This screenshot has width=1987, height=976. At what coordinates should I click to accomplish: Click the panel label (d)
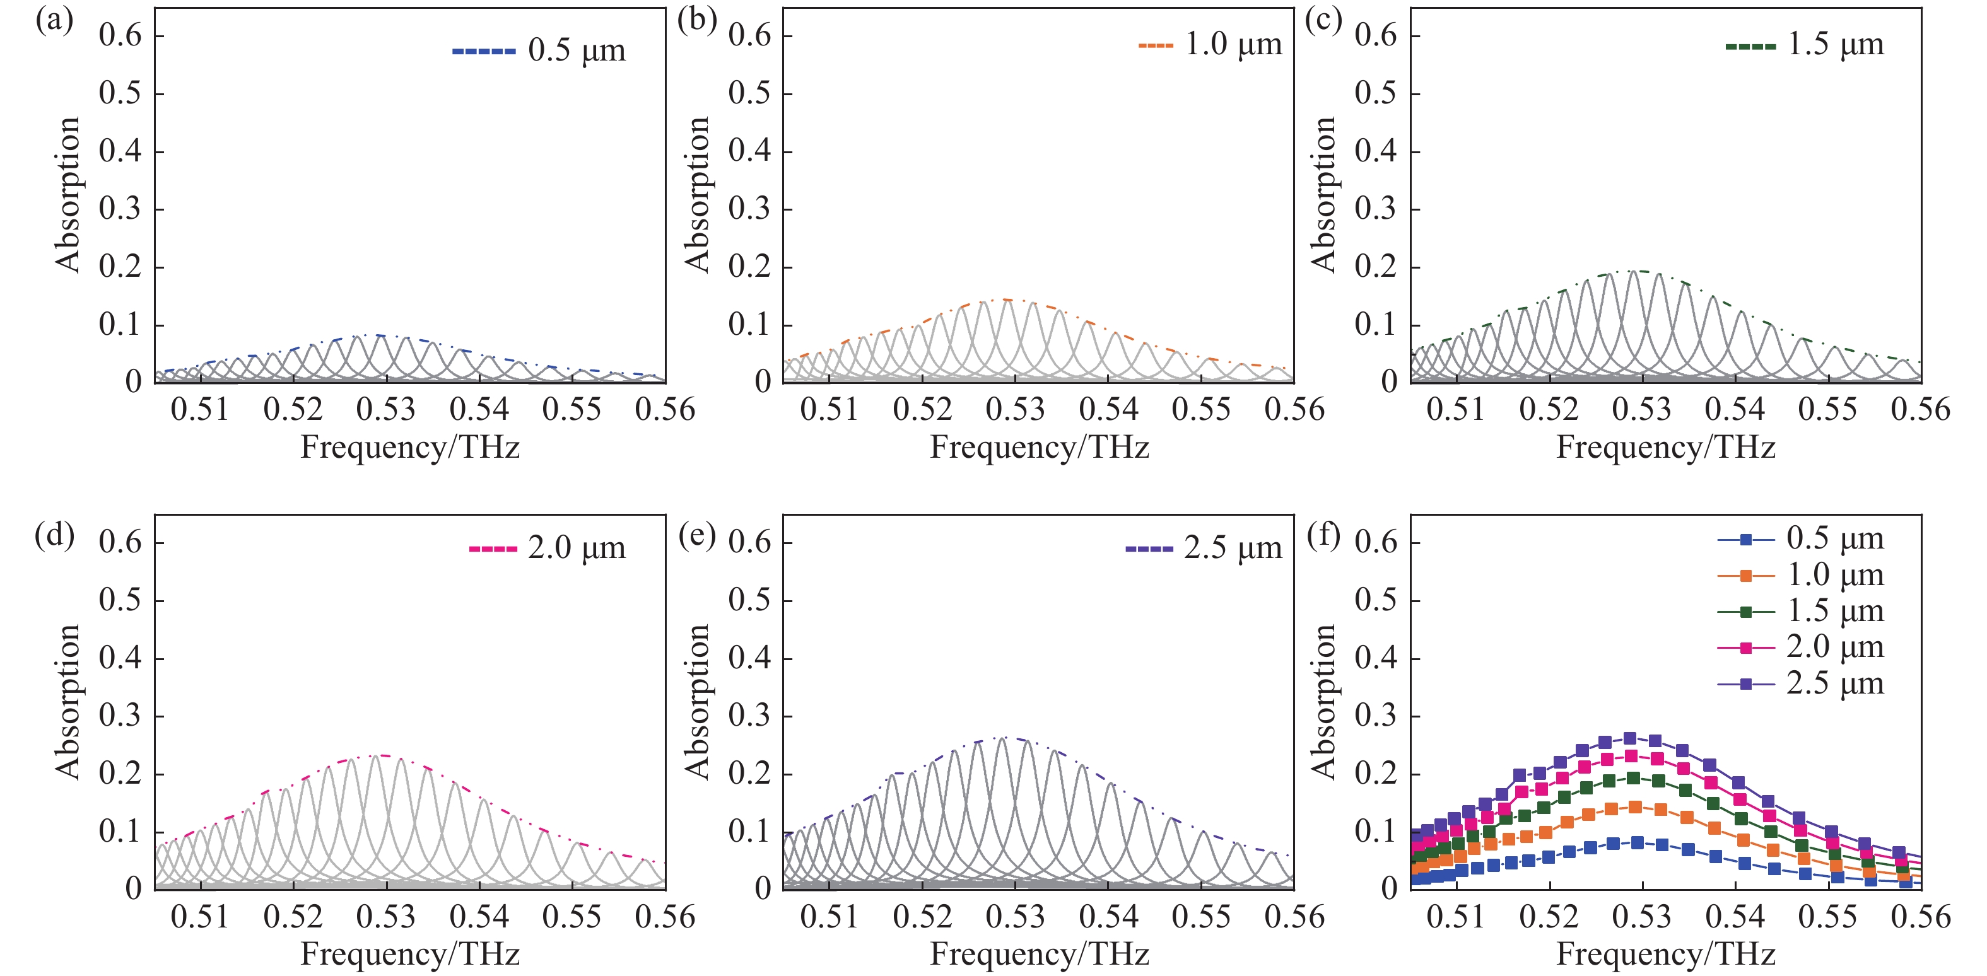point(54,534)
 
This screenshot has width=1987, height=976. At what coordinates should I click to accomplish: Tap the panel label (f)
point(1323,534)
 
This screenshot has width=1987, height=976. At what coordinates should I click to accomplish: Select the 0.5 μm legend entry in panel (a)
point(540,51)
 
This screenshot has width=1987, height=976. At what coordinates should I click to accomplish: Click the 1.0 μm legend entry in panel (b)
point(1211,45)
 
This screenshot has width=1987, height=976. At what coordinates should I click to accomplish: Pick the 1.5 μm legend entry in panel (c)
point(1805,45)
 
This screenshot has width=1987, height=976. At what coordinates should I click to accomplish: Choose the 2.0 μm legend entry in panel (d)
point(548,548)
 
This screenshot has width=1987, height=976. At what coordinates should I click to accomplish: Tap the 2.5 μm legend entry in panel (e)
point(1204,548)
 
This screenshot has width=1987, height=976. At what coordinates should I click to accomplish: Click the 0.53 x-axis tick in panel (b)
point(1015,409)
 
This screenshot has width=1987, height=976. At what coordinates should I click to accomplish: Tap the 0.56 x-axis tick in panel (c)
point(1920,409)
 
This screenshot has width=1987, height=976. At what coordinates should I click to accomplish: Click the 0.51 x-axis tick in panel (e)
point(829,917)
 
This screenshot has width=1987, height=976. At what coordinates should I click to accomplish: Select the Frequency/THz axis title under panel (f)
point(1666,955)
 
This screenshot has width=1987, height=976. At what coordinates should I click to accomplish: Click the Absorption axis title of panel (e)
point(696,702)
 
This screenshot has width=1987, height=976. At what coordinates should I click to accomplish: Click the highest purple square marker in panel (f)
point(1630,738)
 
